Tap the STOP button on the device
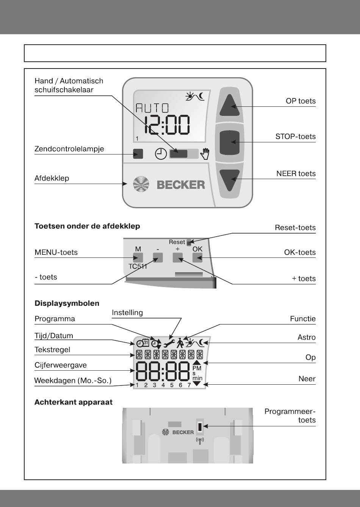click(230, 142)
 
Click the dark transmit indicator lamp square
click(138, 154)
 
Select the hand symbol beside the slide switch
click(205, 153)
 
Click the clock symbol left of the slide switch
click(161, 154)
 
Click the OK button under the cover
click(197, 258)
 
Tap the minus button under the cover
click(158, 258)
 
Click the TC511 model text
click(138, 267)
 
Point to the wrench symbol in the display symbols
click(169, 343)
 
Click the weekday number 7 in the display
click(189, 385)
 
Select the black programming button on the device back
click(200, 428)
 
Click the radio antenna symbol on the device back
click(200, 441)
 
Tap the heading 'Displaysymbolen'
click(67, 303)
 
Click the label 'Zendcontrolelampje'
click(69, 149)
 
